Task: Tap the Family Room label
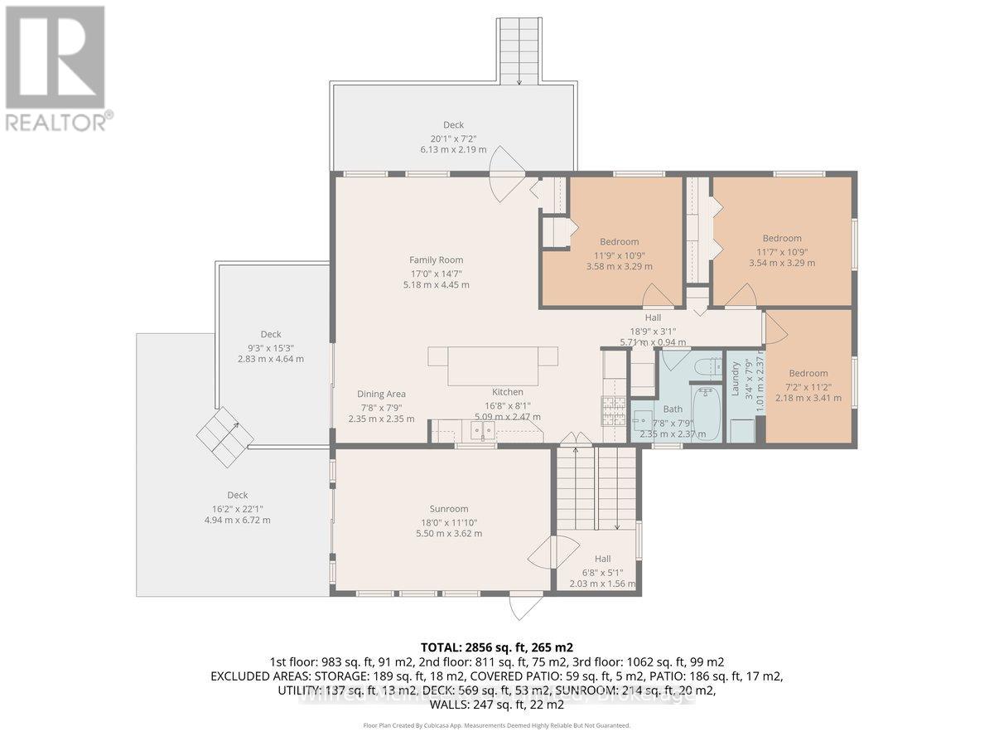[436, 259]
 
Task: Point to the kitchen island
[492, 366]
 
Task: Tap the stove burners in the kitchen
[612, 410]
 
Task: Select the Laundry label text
[734, 377]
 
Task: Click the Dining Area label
[381, 395]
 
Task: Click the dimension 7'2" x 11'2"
[808, 385]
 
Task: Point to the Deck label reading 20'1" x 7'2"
[452, 138]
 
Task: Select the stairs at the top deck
[519, 50]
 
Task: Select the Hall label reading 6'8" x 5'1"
[602, 571]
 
